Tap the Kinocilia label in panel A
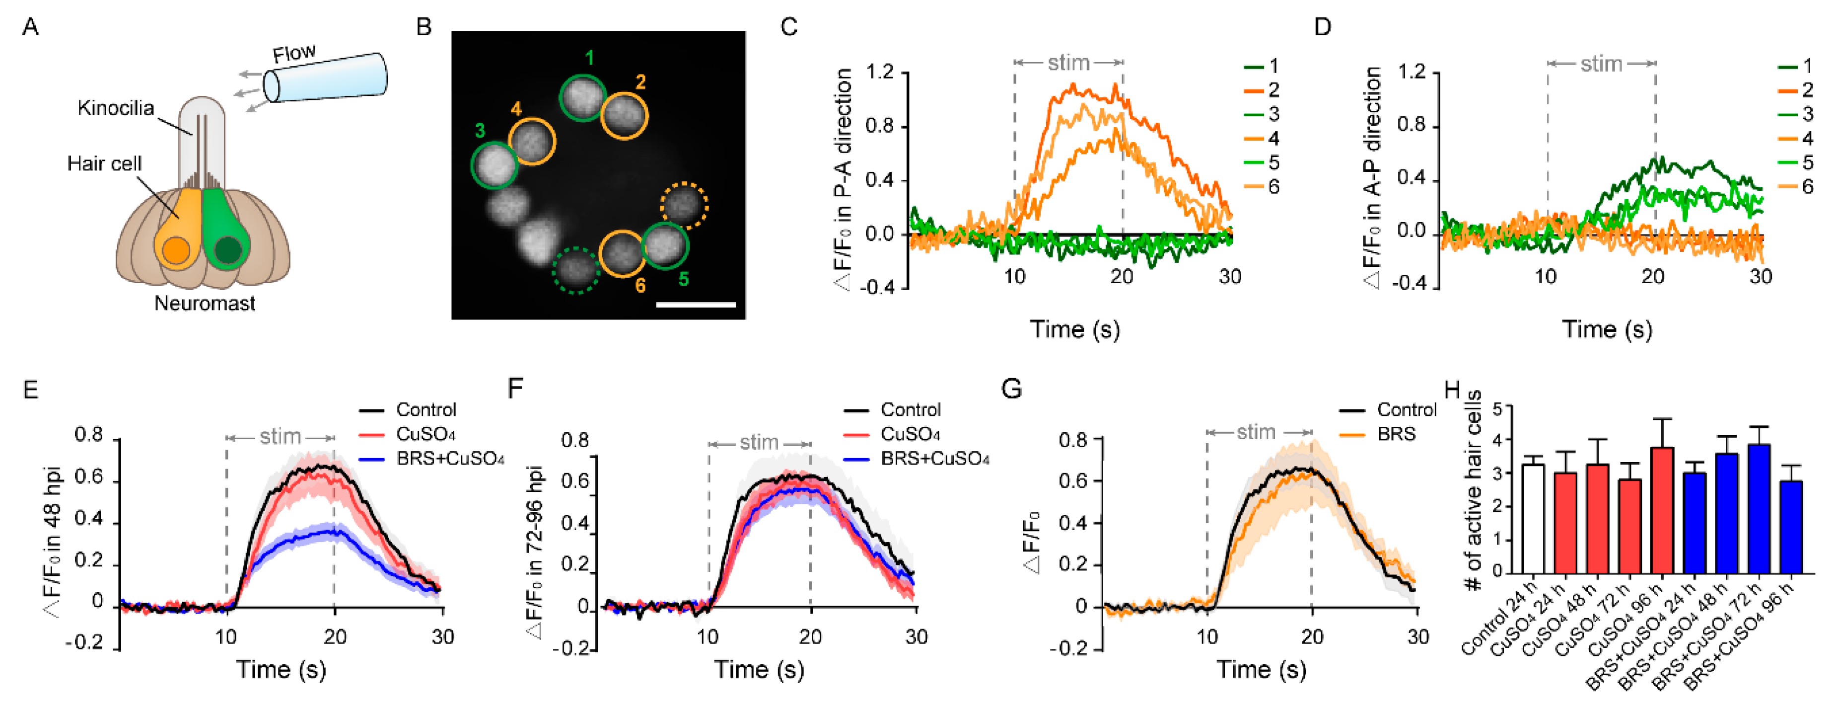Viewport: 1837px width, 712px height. pyautogui.click(x=116, y=108)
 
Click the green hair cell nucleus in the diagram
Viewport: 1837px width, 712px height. pyautogui.click(x=228, y=250)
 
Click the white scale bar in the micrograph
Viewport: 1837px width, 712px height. pyautogui.click(x=695, y=305)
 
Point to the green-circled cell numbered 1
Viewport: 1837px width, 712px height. pyautogui.click(x=582, y=97)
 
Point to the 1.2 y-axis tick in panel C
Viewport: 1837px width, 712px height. pyautogui.click(x=879, y=72)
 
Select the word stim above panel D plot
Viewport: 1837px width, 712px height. pyautogui.click(x=1601, y=64)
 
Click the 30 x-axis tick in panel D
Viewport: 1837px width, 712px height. pyautogui.click(x=1760, y=277)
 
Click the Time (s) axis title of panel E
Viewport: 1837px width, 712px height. pyautogui.click(x=281, y=669)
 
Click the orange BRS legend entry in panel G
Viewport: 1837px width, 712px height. pyautogui.click(x=1380, y=434)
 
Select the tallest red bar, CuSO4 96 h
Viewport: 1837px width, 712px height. pyautogui.click(x=1662, y=510)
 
